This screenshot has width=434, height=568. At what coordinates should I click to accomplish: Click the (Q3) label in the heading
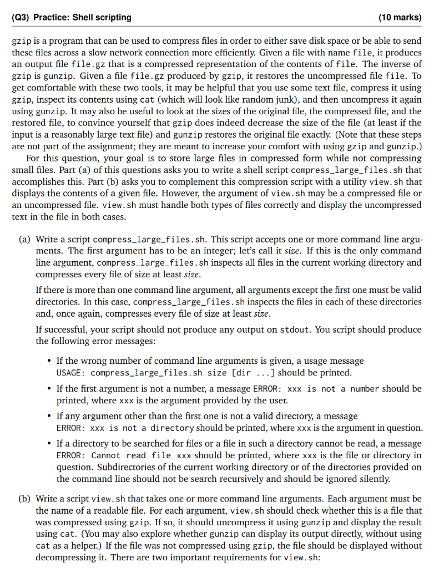point(21,17)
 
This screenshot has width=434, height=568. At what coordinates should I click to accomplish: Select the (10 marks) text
point(400,17)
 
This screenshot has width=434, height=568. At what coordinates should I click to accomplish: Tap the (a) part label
point(25,240)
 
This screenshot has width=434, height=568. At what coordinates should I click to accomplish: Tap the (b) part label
point(25,499)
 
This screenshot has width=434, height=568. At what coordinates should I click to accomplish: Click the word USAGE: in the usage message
point(71,373)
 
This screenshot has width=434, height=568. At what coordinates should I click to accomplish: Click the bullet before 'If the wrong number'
point(49,361)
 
